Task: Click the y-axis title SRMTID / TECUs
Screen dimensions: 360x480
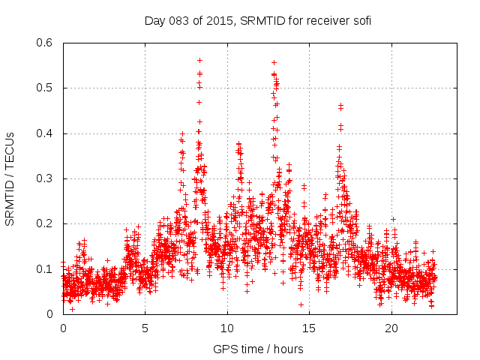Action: (10, 178)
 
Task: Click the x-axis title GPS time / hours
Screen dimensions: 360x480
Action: (258, 349)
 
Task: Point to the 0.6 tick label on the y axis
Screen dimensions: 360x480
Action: (46, 43)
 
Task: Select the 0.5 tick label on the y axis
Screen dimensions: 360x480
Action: (46, 88)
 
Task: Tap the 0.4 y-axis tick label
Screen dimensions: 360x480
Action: (46, 133)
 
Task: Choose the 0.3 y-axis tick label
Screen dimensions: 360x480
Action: (46, 179)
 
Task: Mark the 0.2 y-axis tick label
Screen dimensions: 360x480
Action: (46, 224)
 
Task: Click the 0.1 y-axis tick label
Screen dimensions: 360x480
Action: (46, 269)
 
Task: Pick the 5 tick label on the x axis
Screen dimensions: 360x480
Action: (145, 328)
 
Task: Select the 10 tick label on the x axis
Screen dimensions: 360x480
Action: (228, 328)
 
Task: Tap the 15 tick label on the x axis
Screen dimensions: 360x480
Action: (310, 328)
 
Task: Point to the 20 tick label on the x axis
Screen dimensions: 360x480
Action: (392, 328)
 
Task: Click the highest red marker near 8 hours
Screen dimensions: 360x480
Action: (199, 60)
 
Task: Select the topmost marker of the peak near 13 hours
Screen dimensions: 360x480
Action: (274, 62)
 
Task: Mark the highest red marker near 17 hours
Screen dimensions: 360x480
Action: (340, 105)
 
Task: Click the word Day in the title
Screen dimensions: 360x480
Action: (154, 21)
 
